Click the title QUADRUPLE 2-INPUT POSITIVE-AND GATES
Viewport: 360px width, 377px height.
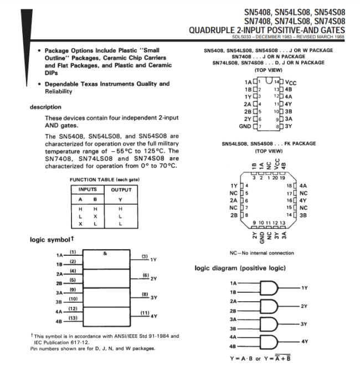tap(266, 30)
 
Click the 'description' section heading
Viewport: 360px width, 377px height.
tap(45, 107)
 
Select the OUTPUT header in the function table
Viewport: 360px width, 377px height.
tap(121, 189)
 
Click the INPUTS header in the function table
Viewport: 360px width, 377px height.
tap(88, 189)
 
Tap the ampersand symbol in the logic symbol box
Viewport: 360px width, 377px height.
tap(105, 254)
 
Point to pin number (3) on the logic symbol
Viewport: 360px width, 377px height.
tap(145, 256)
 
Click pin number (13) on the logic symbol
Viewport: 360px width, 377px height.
tap(72, 318)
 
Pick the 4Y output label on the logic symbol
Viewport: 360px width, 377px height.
tap(154, 316)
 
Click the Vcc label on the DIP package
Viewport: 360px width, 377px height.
tap(291, 82)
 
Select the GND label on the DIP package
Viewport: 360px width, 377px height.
tap(244, 126)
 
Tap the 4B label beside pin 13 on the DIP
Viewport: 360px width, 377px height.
tap(289, 89)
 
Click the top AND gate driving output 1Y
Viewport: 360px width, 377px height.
tap(269, 287)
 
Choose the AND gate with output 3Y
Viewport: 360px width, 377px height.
tap(269, 324)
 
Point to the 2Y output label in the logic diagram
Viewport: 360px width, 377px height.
tap(305, 306)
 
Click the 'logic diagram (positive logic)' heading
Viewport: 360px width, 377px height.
tap(240, 268)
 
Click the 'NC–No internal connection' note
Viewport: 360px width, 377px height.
tap(261, 253)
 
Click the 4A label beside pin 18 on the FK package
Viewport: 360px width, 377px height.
tap(304, 185)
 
